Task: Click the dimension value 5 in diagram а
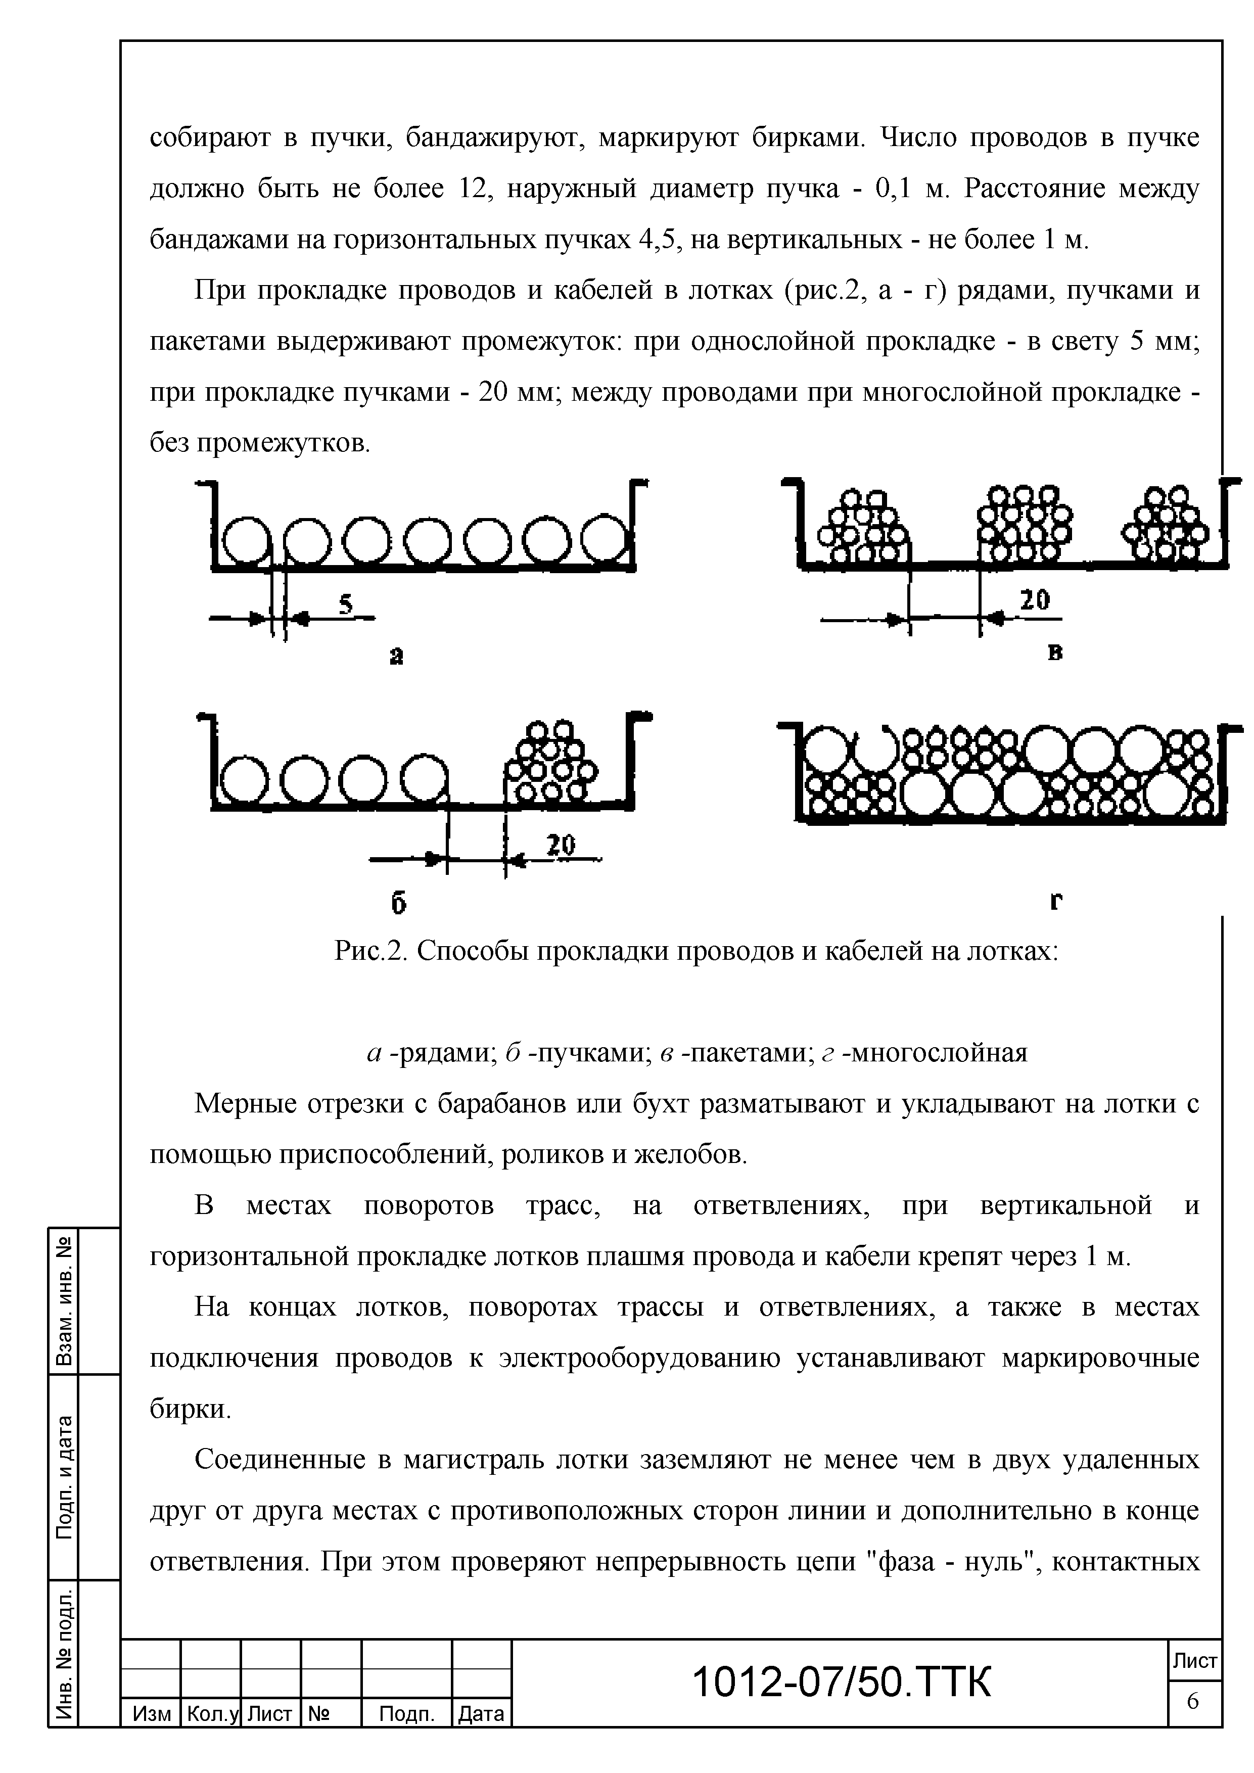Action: (346, 604)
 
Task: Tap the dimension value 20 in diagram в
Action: (1035, 600)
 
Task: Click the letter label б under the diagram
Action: (398, 902)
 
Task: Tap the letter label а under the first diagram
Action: (396, 657)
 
